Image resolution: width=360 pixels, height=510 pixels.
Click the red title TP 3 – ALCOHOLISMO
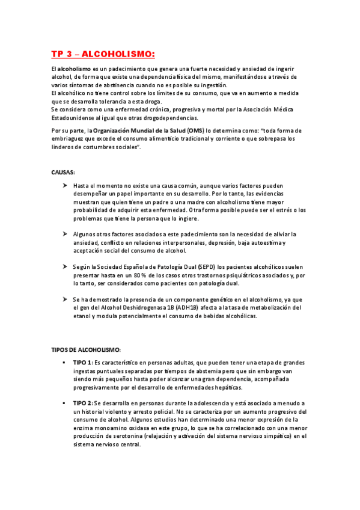coord(103,55)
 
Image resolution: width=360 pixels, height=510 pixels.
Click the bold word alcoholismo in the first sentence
coord(75,70)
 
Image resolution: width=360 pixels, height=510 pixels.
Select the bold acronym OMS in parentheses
coord(194,131)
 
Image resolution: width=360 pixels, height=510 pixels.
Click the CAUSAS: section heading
coord(63,172)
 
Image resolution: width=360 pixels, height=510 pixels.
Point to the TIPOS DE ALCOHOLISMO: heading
coord(87,349)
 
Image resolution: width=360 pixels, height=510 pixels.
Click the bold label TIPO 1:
coord(82,363)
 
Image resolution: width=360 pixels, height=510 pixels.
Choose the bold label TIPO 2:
coord(82,403)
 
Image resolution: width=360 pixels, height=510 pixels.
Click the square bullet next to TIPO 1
coord(63,363)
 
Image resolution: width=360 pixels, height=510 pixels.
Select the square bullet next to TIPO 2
coord(63,403)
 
